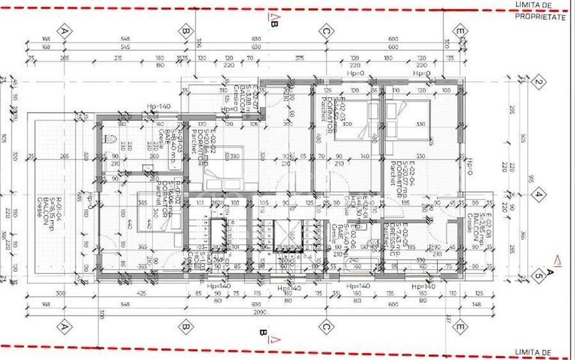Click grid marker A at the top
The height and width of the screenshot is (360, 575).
pos(63,31)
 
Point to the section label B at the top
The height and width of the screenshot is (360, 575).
pos(273,24)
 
